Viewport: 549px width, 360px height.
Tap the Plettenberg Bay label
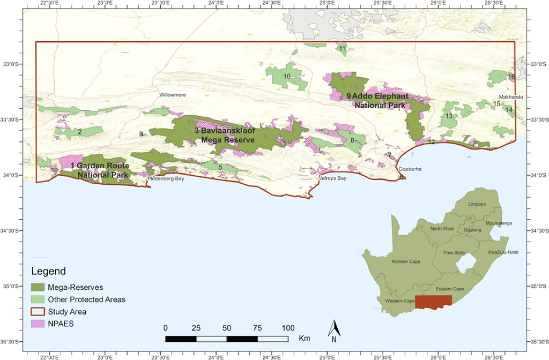click(166, 178)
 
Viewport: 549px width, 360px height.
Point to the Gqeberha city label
click(410, 169)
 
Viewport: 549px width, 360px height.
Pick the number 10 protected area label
click(287, 77)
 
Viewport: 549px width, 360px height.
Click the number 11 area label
click(342, 49)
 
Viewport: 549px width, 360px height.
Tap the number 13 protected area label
click(449, 116)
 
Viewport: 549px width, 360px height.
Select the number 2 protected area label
click(79, 131)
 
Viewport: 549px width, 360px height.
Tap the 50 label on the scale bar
click(226, 328)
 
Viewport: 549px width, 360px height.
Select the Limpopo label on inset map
click(477, 204)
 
